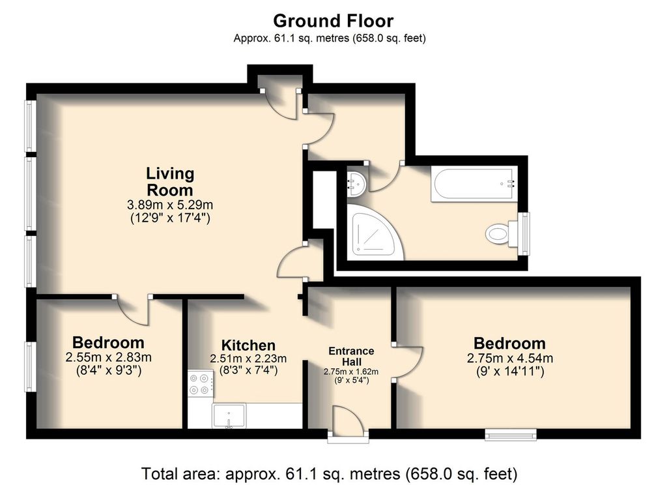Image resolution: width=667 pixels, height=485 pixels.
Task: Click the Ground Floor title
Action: click(333, 21)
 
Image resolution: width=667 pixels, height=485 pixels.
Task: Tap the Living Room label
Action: click(169, 182)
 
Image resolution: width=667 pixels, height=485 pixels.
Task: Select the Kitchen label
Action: click(248, 345)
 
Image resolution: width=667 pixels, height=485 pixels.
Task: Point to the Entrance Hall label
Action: click(351, 356)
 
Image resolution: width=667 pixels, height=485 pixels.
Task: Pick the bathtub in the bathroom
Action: click(474, 183)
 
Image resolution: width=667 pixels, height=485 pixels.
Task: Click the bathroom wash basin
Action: click(356, 183)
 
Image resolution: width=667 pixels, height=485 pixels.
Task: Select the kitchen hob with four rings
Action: click(201, 383)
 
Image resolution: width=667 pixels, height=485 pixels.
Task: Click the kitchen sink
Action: click(229, 415)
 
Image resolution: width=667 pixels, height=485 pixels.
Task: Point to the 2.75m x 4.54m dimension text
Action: click(509, 359)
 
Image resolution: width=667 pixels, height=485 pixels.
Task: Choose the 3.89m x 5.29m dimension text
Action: click(169, 205)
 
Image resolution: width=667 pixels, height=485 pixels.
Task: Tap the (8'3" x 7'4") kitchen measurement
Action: click(248, 370)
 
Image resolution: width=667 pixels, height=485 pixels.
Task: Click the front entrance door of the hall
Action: click(347, 425)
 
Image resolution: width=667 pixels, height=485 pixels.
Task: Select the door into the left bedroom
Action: click(133, 309)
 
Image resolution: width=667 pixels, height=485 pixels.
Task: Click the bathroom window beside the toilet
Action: click(525, 229)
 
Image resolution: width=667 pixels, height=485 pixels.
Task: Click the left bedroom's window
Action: click(30, 366)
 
